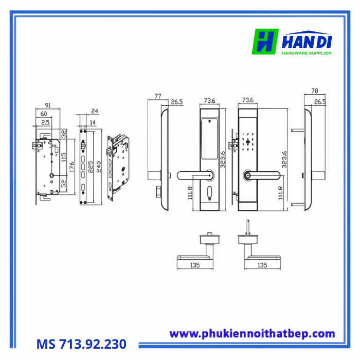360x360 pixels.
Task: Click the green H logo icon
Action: tap(265, 42)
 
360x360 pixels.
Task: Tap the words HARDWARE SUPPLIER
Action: tap(306, 53)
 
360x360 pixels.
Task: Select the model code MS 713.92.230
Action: tap(81, 343)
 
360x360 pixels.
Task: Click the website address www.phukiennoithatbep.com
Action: tap(252, 334)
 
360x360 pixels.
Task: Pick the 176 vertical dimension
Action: tap(71, 168)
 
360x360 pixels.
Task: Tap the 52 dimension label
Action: tap(64, 184)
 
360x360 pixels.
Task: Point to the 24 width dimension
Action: tap(94, 111)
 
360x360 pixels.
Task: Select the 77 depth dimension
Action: tap(157, 96)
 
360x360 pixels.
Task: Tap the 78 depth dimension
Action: tap(314, 92)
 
